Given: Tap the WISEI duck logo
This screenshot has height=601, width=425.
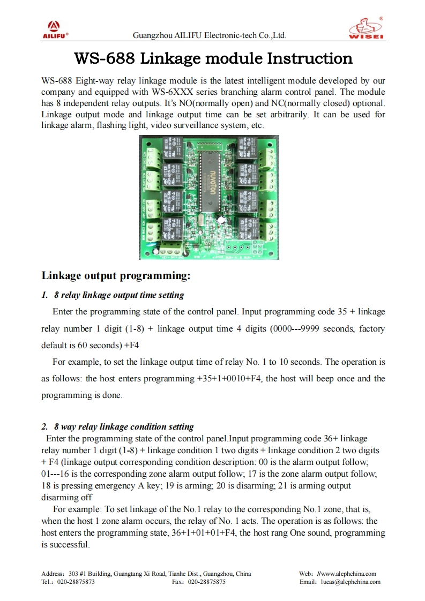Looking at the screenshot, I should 366,28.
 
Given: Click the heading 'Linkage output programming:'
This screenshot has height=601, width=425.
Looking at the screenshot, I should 116,276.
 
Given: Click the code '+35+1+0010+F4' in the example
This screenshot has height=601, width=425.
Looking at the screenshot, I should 229,379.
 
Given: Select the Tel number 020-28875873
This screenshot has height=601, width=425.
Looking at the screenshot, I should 76,582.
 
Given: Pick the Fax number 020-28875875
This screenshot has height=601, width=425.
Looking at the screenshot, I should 206,582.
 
